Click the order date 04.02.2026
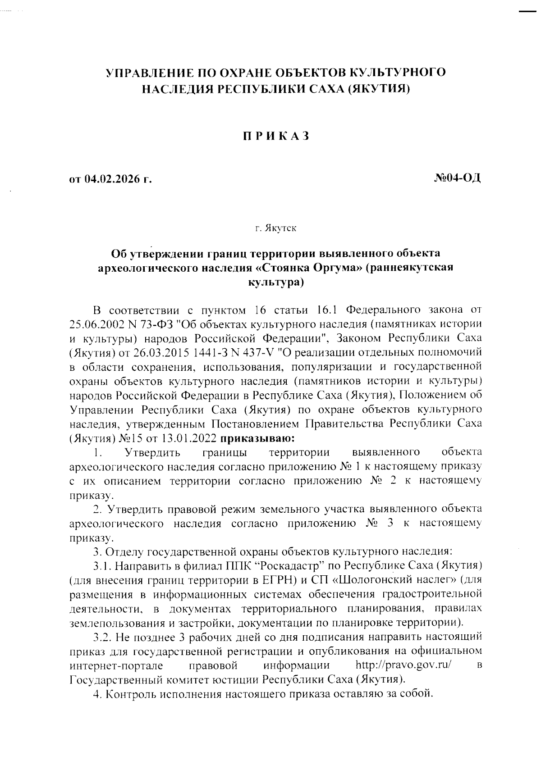(110, 180)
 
